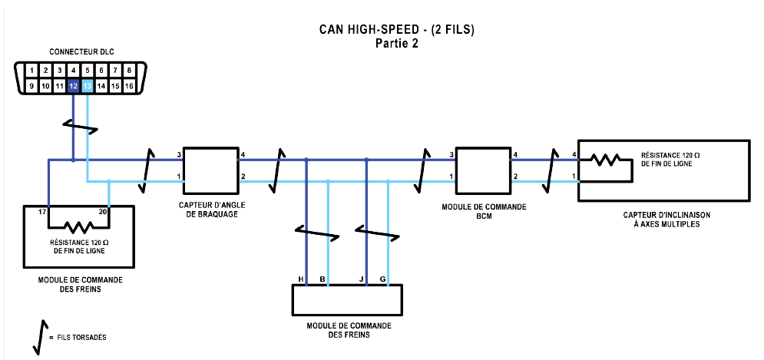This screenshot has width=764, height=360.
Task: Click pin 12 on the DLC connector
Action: tap(73, 87)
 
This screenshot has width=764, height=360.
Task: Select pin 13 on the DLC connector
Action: tap(87, 87)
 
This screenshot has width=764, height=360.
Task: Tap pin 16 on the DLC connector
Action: tap(129, 87)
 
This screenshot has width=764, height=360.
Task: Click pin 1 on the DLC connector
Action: tap(31, 71)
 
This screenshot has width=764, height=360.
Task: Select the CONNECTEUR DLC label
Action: tap(81, 51)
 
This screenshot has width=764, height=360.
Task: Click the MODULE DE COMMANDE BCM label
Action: tap(482, 212)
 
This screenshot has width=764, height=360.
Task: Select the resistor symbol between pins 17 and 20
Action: tap(78, 228)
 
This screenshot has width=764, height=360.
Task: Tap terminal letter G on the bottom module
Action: tap(382, 278)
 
